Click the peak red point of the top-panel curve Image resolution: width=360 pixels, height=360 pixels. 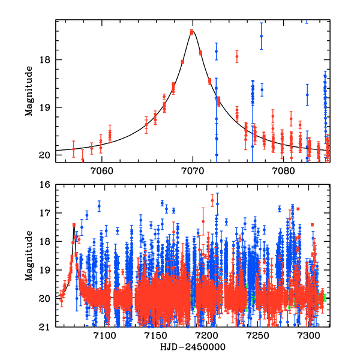point(192,32)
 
